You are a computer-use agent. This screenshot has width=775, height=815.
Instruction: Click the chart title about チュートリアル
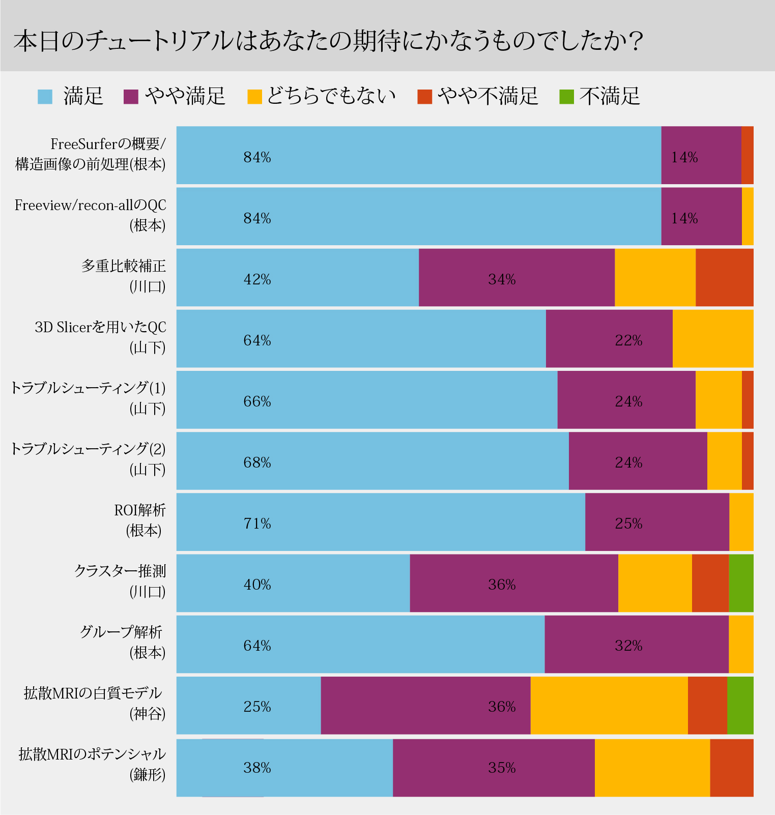point(328,41)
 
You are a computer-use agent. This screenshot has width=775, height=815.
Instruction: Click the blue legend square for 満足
point(45,97)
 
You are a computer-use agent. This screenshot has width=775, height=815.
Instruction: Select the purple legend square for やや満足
point(131,97)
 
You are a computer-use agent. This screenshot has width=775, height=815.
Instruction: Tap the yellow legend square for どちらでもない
point(254,97)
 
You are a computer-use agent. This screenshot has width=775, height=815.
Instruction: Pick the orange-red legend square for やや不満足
point(424,97)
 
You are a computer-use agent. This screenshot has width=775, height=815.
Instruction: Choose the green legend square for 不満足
point(566,97)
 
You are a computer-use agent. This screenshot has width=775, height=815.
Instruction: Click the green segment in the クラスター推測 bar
point(741,583)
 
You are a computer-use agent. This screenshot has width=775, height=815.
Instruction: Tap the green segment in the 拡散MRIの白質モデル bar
point(740,705)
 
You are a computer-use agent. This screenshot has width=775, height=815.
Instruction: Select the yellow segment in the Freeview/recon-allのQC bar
point(748,216)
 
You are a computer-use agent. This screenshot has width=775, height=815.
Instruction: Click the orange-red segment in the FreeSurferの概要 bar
point(747,155)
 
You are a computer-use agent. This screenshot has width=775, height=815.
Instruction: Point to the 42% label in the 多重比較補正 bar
point(257,279)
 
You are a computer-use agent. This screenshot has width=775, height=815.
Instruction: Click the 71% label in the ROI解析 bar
point(257,523)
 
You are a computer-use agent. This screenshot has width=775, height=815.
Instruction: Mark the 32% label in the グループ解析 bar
point(628,646)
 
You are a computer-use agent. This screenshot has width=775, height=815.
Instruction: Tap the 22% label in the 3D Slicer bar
point(628,340)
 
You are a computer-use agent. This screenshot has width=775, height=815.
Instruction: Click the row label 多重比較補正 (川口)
point(124,276)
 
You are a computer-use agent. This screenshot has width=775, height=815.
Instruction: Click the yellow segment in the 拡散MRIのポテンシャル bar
point(652,768)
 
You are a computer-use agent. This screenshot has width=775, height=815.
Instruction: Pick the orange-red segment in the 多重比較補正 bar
point(724,277)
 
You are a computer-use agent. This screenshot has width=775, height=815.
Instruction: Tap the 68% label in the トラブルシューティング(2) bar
point(257,462)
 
